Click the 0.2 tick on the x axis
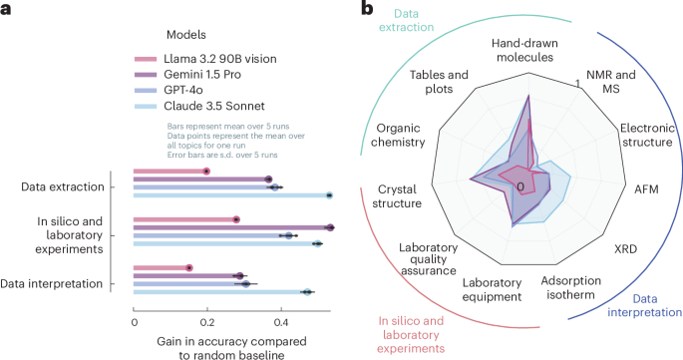click(x=207, y=321)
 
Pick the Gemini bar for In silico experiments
click(x=232, y=227)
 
